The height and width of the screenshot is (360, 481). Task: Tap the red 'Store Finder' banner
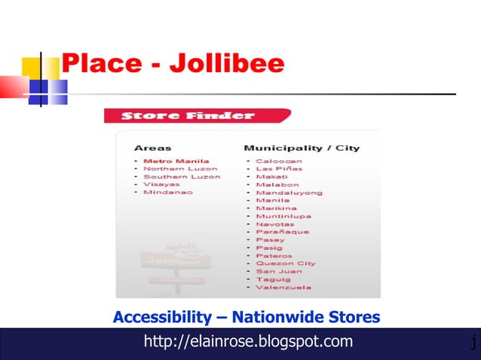[x=188, y=116]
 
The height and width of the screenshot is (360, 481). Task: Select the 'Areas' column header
[x=152, y=148]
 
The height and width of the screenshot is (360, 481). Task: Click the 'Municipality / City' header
[x=302, y=148]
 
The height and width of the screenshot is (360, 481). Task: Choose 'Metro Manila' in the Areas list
[x=176, y=161]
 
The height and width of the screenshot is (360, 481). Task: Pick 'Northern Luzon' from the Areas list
[x=180, y=169]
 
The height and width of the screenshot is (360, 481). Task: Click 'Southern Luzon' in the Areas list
[x=182, y=176]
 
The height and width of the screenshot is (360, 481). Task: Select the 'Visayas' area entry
[x=161, y=184]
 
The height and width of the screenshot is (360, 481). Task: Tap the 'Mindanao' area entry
[x=167, y=192]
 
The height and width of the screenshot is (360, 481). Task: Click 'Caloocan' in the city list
[x=279, y=161]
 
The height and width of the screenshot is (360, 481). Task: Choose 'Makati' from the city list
[x=271, y=176]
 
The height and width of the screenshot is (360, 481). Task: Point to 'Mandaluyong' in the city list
[x=289, y=192]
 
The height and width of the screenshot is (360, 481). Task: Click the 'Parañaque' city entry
[x=282, y=232]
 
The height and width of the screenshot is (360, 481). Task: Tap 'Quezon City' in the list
[x=286, y=264]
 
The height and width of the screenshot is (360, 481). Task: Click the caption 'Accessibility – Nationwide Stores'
[x=247, y=317]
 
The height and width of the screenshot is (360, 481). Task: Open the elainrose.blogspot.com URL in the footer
[x=248, y=342]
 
